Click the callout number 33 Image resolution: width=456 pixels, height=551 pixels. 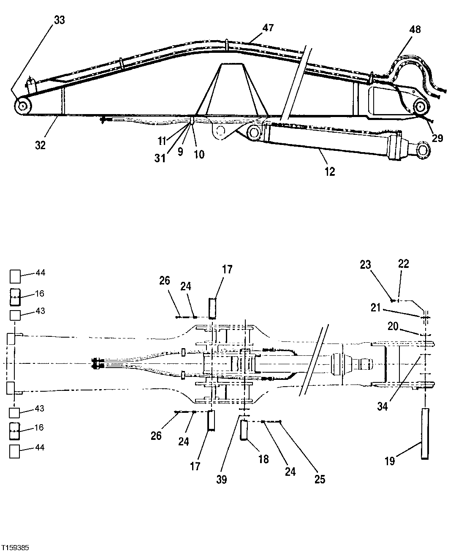(x=60, y=20)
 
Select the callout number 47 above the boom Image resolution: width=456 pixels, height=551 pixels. (x=268, y=28)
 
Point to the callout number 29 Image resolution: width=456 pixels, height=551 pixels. (x=437, y=138)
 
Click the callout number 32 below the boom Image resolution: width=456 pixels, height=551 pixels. (x=40, y=145)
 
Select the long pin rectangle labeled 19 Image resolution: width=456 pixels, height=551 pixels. (x=424, y=434)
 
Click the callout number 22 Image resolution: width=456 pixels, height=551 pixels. (x=403, y=264)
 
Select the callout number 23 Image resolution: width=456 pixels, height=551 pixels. (x=365, y=265)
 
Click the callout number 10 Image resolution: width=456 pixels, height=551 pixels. (x=199, y=154)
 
